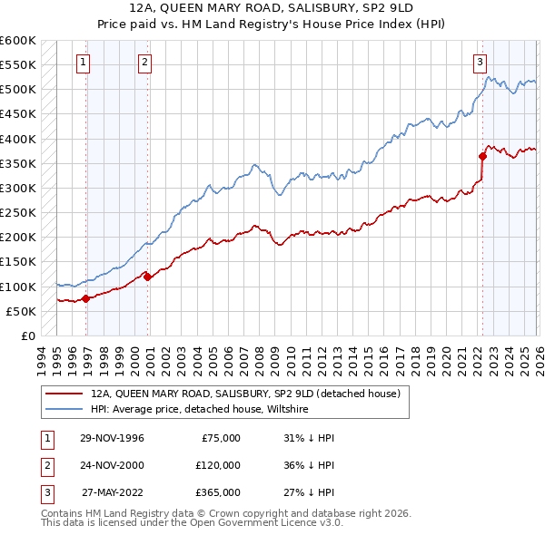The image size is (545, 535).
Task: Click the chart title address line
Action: pos(272,8)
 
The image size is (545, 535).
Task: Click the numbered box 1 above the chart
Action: pos(84,63)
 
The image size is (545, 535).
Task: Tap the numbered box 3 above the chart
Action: pos(480,63)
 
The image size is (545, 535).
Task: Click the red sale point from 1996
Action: pos(85,298)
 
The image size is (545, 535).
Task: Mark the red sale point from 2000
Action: pos(147,277)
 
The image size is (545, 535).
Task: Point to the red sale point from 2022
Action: pos(482,156)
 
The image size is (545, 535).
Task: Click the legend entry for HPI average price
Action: pos(200,410)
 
